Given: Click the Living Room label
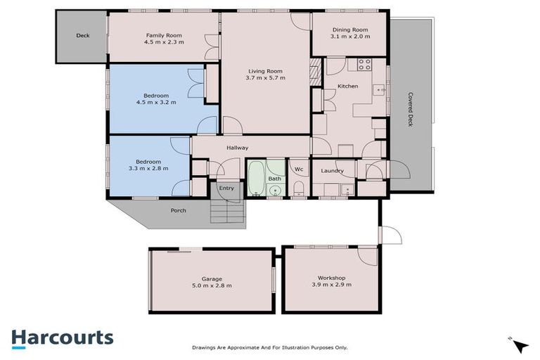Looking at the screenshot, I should pyautogui.click(x=266, y=70).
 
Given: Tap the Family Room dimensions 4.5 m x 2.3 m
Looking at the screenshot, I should pyautogui.click(x=163, y=42).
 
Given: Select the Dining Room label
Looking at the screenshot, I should pyautogui.click(x=349, y=30).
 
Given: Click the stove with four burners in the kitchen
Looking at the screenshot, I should pyautogui.click(x=364, y=65).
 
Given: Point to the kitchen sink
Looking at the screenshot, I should pyautogui.click(x=379, y=89).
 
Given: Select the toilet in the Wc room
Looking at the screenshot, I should pyautogui.click(x=298, y=186).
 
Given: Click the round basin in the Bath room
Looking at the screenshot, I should pyautogui.click(x=274, y=190).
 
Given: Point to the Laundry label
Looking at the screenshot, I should pyautogui.click(x=331, y=171).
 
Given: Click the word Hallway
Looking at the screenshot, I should pyautogui.click(x=237, y=148).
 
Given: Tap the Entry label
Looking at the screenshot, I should pyautogui.click(x=226, y=188).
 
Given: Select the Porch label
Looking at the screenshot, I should pyautogui.click(x=179, y=210).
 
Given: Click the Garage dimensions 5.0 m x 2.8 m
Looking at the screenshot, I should pyautogui.click(x=212, y=285).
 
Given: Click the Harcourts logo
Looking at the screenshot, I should pyautogui.click(x=62, y=337).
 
